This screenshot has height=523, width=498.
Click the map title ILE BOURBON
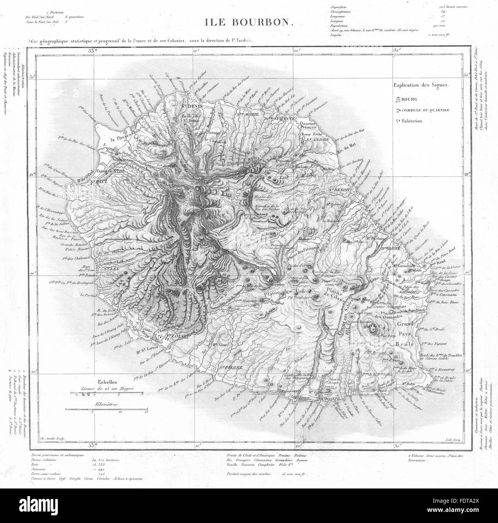(x=249, y=22)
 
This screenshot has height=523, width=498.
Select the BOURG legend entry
(x=410, y=100)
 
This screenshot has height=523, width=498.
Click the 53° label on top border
(x=92, y=50)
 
